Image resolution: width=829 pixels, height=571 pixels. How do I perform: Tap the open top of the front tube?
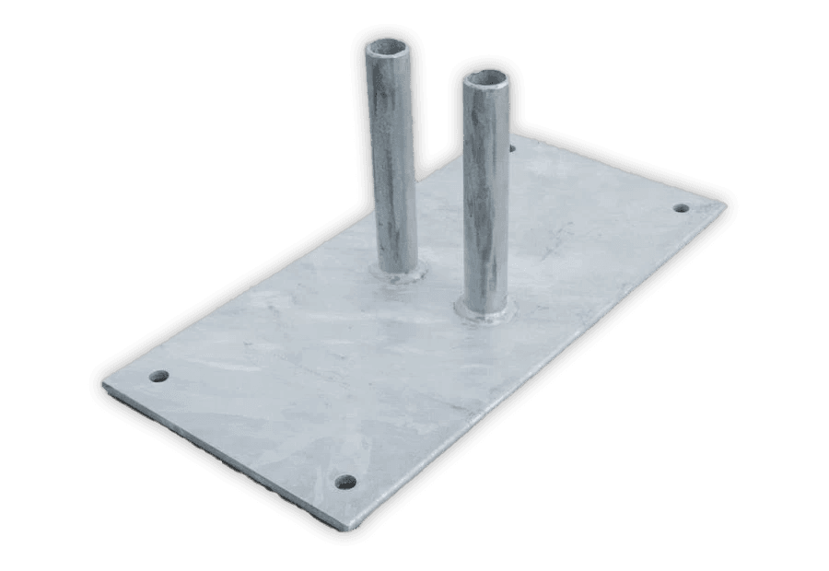[485, 78]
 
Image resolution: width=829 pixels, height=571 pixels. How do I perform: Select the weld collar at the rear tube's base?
[398, 270]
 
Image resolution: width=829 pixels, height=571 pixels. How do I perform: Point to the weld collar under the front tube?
[485, 311]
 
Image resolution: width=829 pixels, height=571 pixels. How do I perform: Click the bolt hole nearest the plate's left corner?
[159, 377]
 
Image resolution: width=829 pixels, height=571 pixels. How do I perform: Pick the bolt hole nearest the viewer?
[345, 481]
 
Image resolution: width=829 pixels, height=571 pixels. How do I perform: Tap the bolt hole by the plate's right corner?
[681, 207]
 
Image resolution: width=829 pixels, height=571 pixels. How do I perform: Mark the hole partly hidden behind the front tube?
[512, 146]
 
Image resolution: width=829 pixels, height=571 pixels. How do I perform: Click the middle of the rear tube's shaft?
[393, 157]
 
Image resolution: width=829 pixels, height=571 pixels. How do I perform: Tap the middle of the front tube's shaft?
[486, 193]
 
